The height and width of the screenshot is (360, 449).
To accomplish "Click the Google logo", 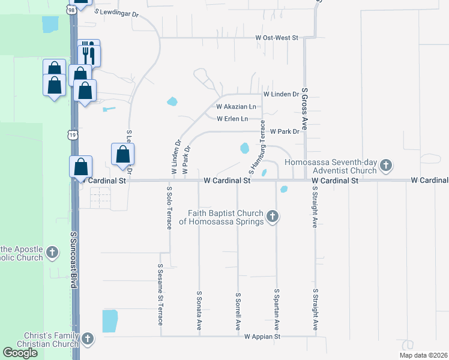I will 20,353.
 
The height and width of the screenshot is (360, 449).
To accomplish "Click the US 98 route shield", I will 71,10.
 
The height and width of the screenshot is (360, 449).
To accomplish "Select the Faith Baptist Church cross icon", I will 273,216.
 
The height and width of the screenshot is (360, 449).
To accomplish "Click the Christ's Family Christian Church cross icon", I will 88,340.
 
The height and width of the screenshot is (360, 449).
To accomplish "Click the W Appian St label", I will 262,337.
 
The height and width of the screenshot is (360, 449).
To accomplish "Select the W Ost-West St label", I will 277,38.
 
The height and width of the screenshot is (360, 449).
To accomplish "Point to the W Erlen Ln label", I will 232,119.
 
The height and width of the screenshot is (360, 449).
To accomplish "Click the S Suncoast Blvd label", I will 74,261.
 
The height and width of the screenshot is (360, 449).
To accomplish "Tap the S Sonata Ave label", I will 199,311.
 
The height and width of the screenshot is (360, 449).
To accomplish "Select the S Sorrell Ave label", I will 238,311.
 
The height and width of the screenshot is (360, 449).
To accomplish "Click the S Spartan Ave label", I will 277,309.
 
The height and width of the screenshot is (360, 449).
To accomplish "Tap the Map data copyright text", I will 423,355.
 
